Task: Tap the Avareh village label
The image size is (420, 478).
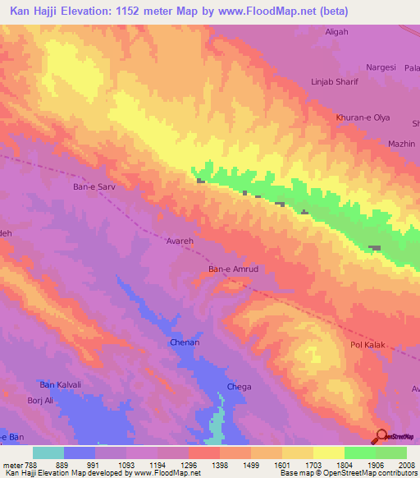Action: tap(180, 243)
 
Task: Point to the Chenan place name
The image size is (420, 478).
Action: tap(185, 342)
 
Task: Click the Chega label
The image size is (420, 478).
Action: tap(240, 387)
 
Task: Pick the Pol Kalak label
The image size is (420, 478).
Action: tap(367, 346)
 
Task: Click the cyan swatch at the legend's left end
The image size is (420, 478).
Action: tap(48, 453)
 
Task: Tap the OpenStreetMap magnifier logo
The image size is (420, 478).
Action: tap(381, 438)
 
